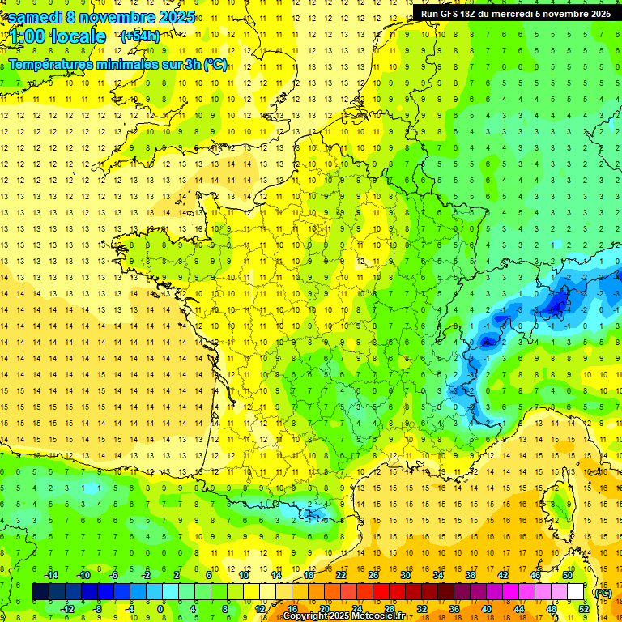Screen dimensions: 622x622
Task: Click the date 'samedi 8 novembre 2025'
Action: click(101, 17)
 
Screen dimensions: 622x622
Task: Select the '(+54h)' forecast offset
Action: click(139, 36)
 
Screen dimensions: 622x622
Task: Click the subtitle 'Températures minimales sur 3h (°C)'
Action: click(117, 64)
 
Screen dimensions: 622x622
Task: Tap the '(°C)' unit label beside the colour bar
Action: click(602, 593)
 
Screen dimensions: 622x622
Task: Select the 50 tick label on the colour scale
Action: click(567, 575)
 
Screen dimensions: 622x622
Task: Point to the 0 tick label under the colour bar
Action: click(160, 609)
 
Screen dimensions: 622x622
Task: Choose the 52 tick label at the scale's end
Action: click(584, 609)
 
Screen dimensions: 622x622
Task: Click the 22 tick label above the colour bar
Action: click(341, 575)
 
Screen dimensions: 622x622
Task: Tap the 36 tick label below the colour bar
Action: click(454, 609)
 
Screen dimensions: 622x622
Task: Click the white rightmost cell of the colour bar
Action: click(576, 592)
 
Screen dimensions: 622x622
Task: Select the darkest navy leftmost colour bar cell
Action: click(40, 592)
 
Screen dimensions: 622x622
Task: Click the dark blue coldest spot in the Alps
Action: click(556, 305)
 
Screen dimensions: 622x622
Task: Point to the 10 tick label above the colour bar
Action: click(244, 575)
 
